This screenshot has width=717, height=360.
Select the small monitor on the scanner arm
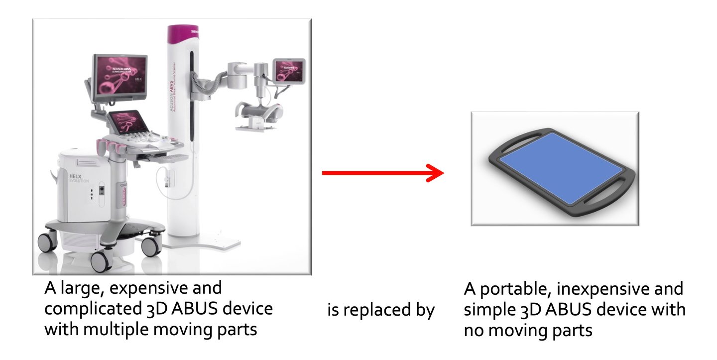tap(288, 71)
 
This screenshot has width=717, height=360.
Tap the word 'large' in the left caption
tap(81, 288)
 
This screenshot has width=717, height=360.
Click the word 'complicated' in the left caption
tap(94, 309)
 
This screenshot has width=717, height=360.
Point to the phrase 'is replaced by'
tap(381, 310)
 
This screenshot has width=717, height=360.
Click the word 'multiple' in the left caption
tap(122, 329)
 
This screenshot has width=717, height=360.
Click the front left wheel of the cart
tap(102, 261)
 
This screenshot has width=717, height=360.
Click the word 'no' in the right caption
tap(474, 330)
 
